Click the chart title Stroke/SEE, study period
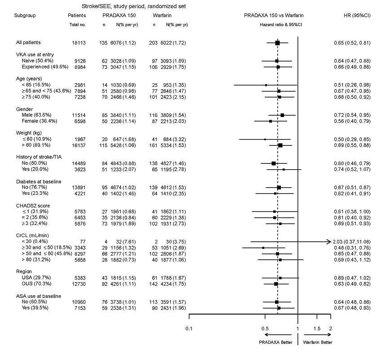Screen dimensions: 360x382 (x=133, y=6)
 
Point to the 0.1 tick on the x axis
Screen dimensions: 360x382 (x=189, y=328)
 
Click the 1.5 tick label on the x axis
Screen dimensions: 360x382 (x=317, y=328)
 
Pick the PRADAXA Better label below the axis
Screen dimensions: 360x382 (x=275, y=342)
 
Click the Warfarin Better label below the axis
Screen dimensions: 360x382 (x=318, y=342)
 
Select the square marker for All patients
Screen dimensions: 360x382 (x=277, y=43)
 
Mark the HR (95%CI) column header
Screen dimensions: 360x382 (x=356, y=15)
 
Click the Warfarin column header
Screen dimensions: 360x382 (x=163, y=15)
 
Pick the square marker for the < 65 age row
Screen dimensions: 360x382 (x=266, y=85)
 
